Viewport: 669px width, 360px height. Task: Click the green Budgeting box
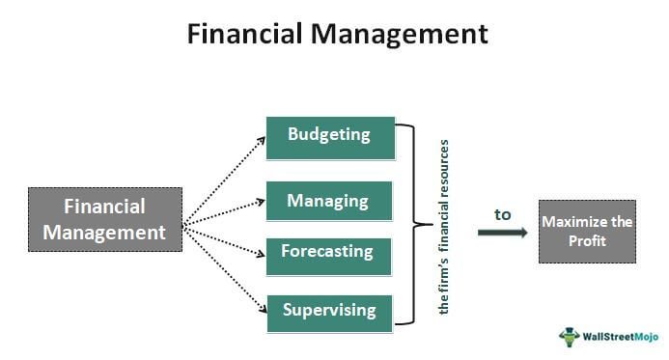pyautogui.click(x=330, y=137)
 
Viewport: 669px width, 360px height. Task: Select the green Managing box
pyautogui.click(x=330, y=202)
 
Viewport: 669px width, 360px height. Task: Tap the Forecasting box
pyautogui.click(x=329, y=254)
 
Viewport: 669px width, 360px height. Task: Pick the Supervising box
pyautogui.click(x=330, y=313)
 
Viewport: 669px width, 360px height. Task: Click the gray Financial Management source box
pyautogui.click(x=105, y=219)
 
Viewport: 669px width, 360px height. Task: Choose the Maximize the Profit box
pyautogui.click(x=587, y=232)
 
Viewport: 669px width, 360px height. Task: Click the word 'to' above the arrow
pyautogui.click(x=502, y=214)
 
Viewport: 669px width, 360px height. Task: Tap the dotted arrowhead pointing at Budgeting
pyautogui.click(x=261, y=139)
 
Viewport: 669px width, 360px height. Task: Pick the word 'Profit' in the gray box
pyautogui.click(x=587, y=241)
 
